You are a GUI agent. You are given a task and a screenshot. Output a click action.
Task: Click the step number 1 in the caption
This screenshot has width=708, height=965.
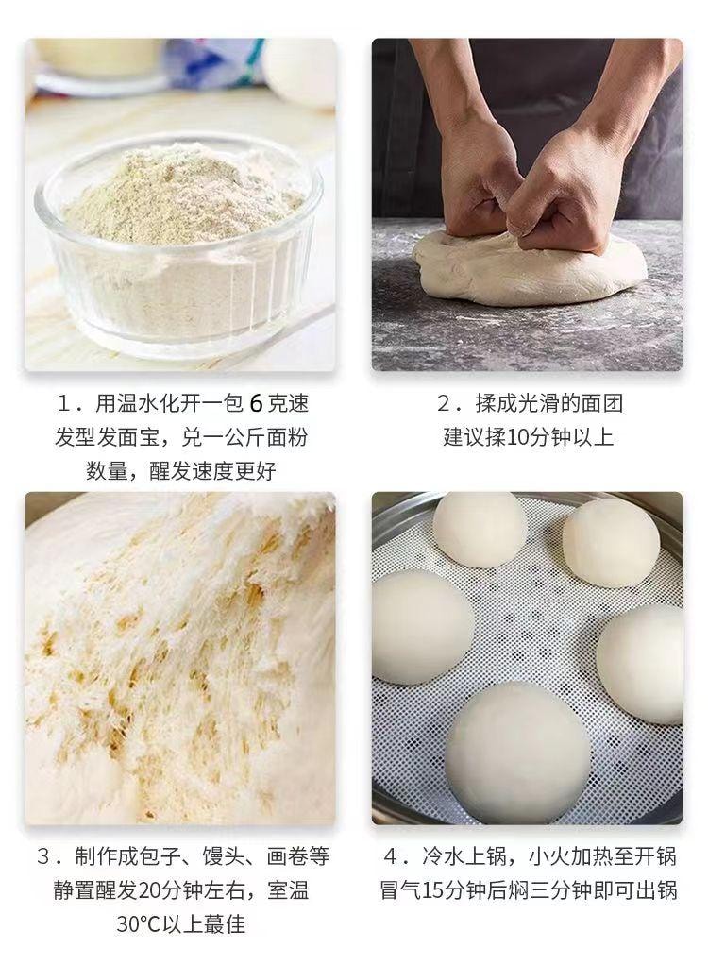(x=64, y=404)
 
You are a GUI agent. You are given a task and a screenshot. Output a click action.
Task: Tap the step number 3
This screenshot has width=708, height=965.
(x=43, y=856)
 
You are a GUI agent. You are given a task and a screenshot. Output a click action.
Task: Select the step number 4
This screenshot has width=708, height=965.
(x=392, y=856)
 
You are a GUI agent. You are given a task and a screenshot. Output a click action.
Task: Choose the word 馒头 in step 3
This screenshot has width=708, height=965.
(x=231, y=856)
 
